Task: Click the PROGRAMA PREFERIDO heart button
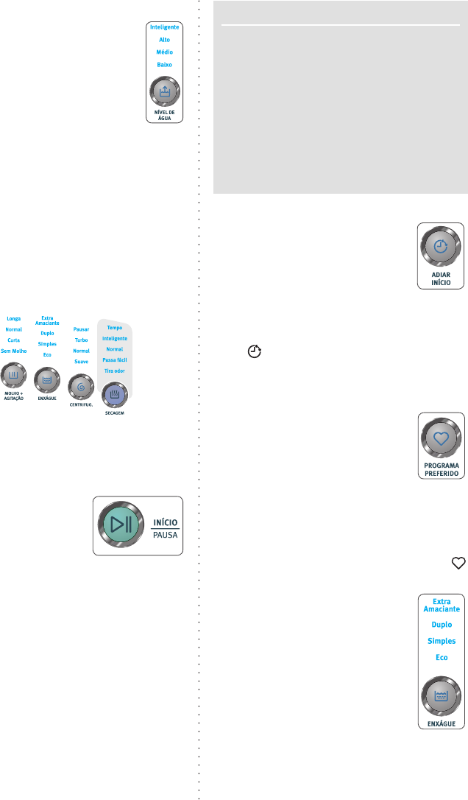(441, 438)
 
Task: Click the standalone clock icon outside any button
(255, 352)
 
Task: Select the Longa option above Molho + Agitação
(14, 319)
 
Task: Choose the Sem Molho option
(14, 351)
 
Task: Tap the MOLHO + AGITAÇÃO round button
(14, 375)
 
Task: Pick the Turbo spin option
(82, 340)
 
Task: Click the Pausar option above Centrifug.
(82, 329)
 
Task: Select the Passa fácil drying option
(115, 359)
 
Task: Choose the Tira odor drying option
(115, 370)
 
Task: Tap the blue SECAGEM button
(115, 393)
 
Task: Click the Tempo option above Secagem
(115, 327)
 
